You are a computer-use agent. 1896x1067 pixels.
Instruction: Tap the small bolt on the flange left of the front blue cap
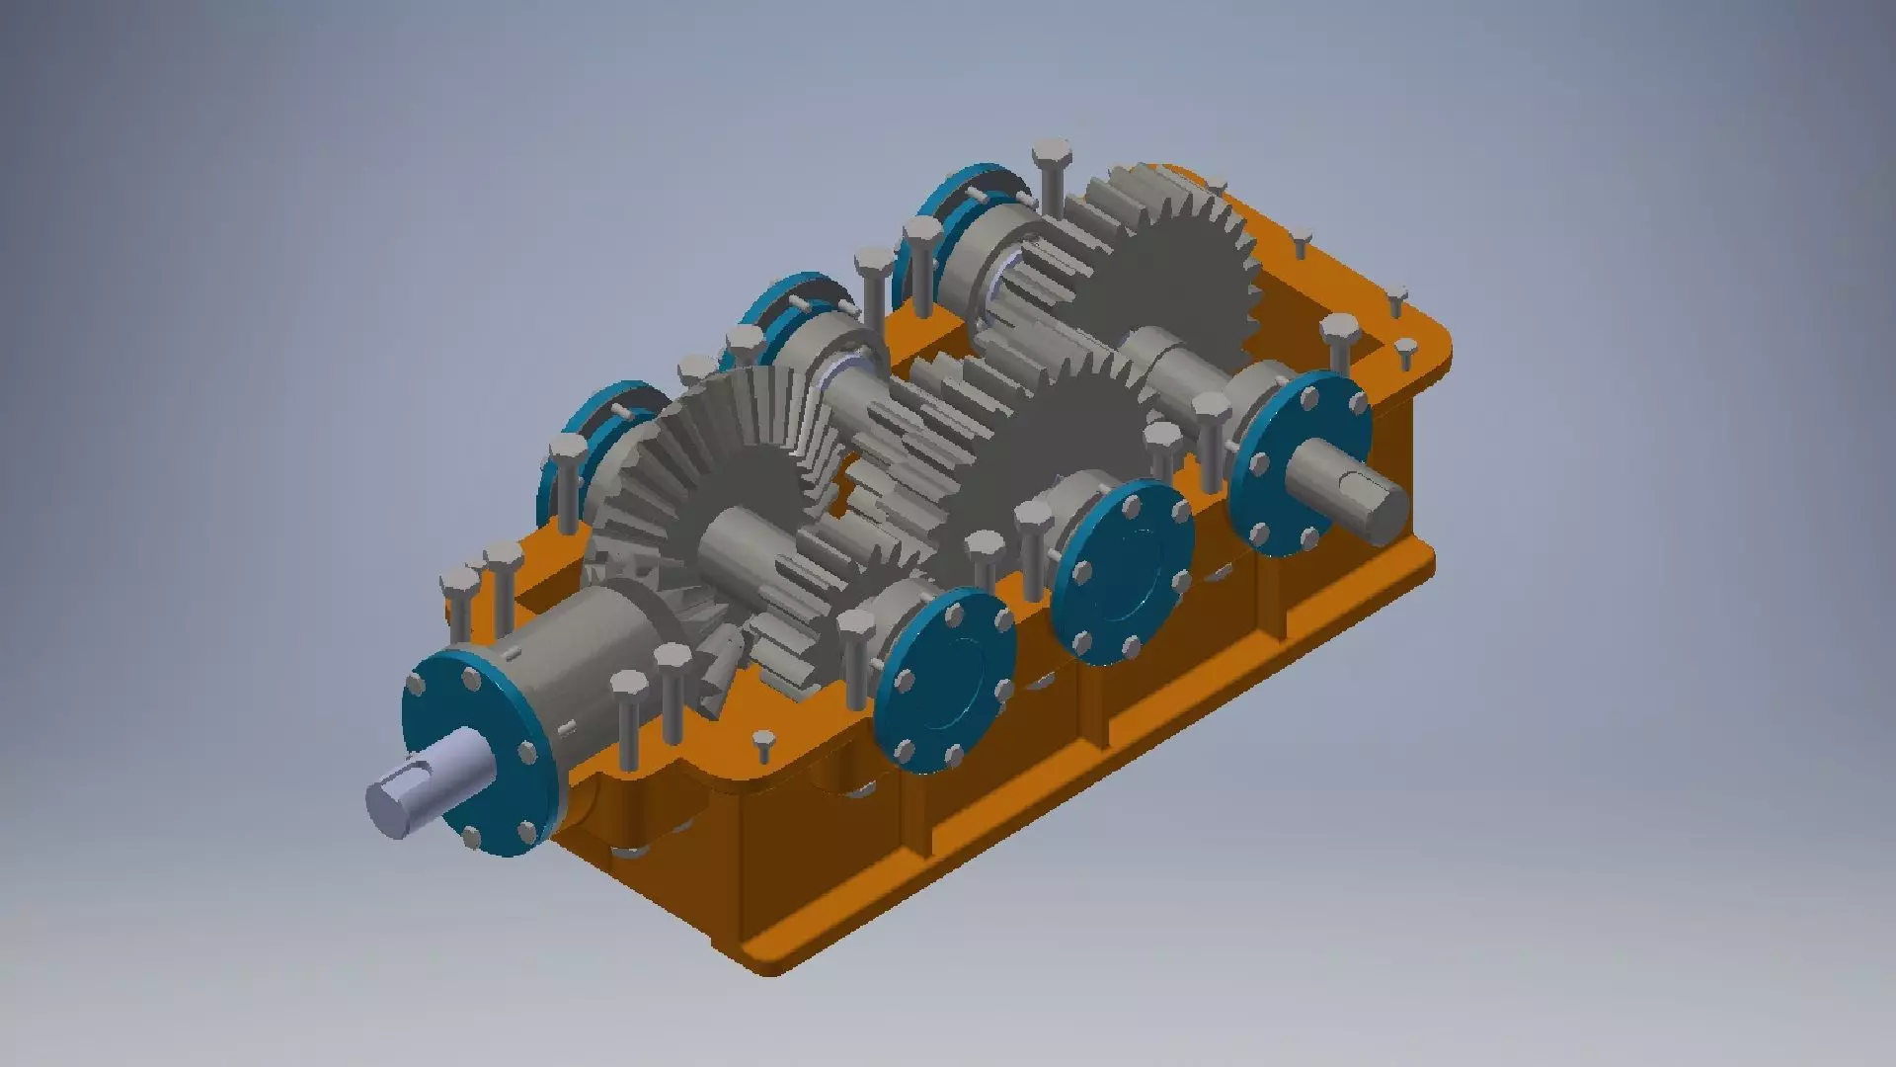tap(764, 740)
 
